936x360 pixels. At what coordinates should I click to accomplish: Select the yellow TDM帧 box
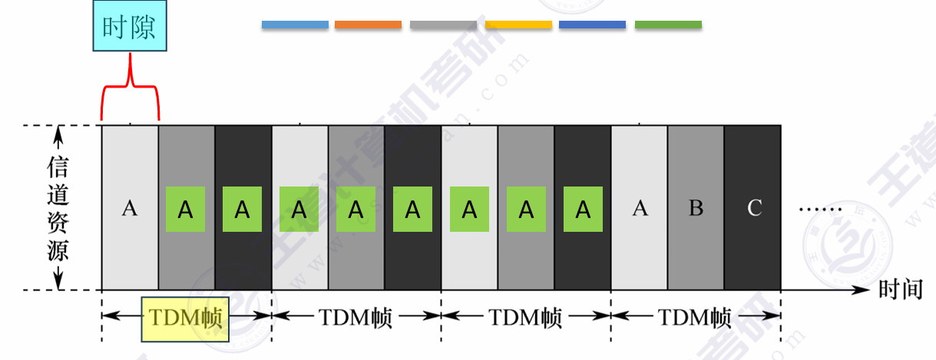pyautogui.click(x=186, y=319)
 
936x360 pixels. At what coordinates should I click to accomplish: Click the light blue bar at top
pyautogui.click(x=295, y=25)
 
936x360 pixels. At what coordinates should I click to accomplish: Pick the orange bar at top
pyautogui.click(x=368, y=25)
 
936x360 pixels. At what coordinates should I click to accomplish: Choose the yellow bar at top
pyautogui.click(x=518, y=25)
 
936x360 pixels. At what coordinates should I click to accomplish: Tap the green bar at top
pyautogui.click(x=668, y=25)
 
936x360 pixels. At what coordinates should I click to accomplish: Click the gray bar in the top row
pyautogui.click(x=443, y=25)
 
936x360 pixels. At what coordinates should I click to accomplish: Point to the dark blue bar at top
pyautogui.click(x=592, y=25)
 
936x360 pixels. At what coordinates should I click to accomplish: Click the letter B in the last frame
pyautogui.click(x=696, y=208)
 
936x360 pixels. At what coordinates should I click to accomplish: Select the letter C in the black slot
pyautogui.click(x=754, y=208)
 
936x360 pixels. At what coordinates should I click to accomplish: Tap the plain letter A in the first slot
pyautogui.click(x=130, y=208)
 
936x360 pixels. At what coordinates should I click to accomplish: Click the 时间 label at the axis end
pyautogui.click(x=901, y=290)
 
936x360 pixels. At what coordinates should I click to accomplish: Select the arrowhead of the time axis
pyautogui.click(x=864, y=290)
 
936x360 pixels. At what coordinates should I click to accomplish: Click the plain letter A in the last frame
pyautogui.click(x=640, y=208)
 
